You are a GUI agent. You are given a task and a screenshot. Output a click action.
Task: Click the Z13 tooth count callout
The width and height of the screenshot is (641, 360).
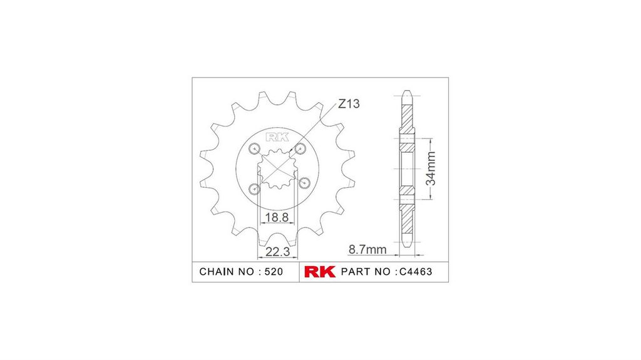(349, 104)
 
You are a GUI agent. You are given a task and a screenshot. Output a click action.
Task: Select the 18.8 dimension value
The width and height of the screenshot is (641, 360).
(277, 217)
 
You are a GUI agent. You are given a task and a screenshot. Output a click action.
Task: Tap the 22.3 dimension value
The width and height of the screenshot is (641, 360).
(277, 252)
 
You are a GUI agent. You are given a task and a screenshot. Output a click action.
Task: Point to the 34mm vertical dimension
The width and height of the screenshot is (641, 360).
(431, 168)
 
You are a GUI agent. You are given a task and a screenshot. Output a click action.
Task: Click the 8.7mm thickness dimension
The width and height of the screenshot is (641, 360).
(367, 249)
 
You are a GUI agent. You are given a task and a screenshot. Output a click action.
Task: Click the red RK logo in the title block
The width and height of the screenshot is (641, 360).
(320, 272)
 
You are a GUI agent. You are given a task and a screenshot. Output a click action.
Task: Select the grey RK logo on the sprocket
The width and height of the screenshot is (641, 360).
(277, 137)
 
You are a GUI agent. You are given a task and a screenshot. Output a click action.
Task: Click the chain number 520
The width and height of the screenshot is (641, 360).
(274, 272)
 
